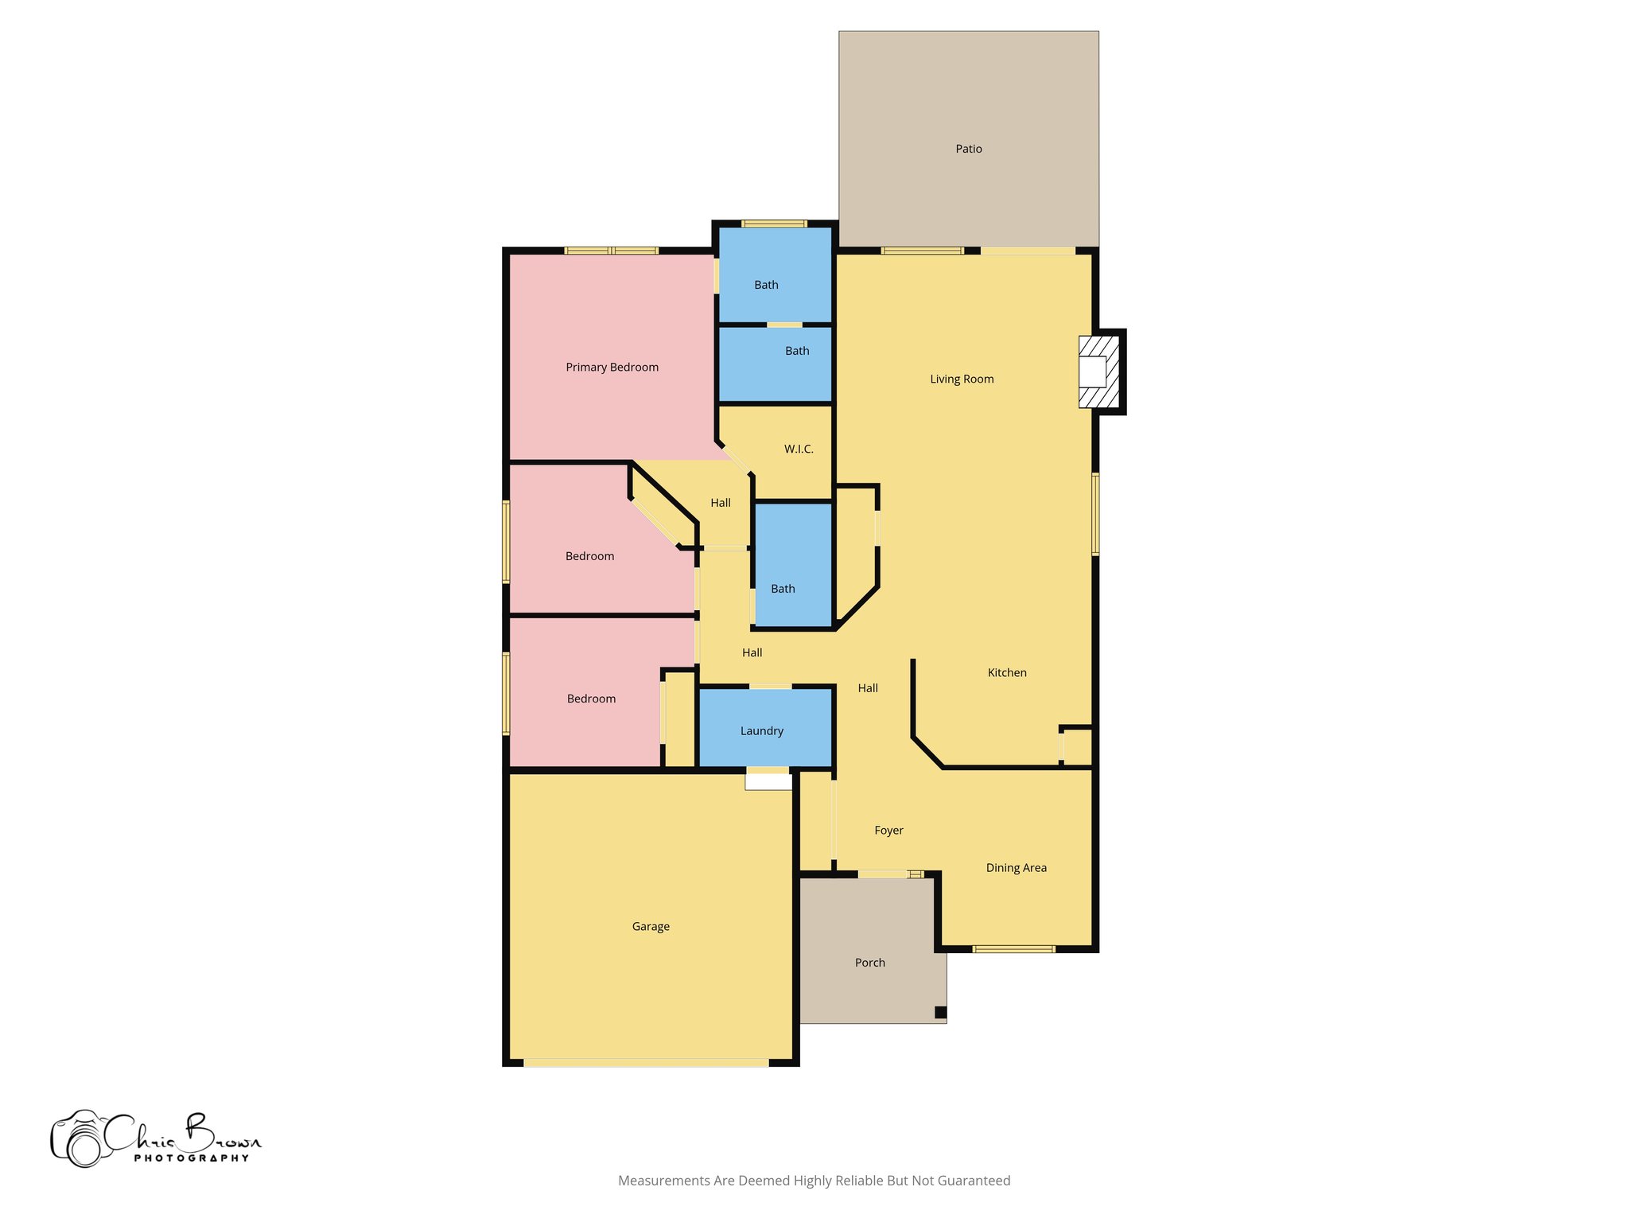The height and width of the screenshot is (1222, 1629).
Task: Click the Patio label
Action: [968, 149]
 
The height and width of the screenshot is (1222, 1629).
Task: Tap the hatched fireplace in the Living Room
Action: [1098, 372]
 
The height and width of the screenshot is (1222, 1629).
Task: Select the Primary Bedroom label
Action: [612, 367]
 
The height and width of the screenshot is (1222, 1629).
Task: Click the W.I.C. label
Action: [799, 449]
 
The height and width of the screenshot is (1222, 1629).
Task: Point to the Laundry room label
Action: [761, 730]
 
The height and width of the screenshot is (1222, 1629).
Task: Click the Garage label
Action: [651, 926]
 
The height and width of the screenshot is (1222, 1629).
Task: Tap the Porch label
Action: [869, 962]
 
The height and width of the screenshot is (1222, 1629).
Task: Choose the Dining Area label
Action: [1016, 867]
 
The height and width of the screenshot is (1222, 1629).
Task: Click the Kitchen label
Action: [1006, 672]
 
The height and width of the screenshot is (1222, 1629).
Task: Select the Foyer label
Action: [888, 830]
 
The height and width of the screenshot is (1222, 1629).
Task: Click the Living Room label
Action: [962, 379]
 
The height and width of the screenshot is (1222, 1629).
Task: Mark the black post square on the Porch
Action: [940, 1012]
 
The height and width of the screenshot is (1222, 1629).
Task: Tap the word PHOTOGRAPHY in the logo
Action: [191, 1158]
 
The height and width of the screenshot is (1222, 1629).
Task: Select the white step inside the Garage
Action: [768, 782]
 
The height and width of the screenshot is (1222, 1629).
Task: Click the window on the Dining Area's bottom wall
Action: [1013, 948]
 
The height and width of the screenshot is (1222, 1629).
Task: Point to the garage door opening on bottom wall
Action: [646, 1062]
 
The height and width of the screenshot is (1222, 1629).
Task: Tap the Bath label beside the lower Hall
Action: [783, 589]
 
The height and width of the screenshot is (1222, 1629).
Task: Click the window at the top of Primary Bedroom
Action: [611, 251]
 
